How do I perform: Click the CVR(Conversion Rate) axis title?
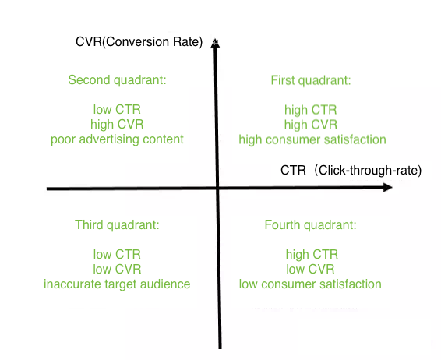139,42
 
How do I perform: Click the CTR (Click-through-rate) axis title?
351,170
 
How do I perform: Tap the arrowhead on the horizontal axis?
388,187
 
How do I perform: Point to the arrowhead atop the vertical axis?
215,43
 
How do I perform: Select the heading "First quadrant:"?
311,80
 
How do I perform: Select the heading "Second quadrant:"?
118,80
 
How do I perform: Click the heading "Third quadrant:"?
117,225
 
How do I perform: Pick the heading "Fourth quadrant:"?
311,225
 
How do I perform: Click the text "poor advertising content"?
117,139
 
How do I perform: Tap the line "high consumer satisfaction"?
312,139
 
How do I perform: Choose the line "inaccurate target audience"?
117,284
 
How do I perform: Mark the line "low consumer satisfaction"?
310,284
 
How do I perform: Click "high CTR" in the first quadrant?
311,110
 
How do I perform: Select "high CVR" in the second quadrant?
117,125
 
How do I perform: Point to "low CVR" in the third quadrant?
117,269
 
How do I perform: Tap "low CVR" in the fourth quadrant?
310,269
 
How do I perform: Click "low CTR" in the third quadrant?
117,254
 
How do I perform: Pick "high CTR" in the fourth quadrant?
312,254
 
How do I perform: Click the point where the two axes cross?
217,188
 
